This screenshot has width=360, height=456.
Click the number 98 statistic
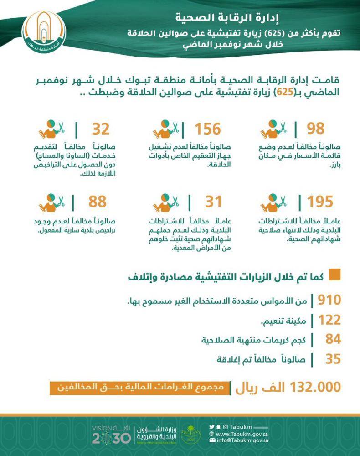point(315,129)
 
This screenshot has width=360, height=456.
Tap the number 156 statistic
point(208,129)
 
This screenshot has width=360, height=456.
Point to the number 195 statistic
point(320,201)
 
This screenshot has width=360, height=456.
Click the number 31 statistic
point(213,201)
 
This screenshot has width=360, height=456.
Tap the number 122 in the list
point(329,320)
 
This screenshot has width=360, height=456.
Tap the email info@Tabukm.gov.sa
point(242,440)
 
